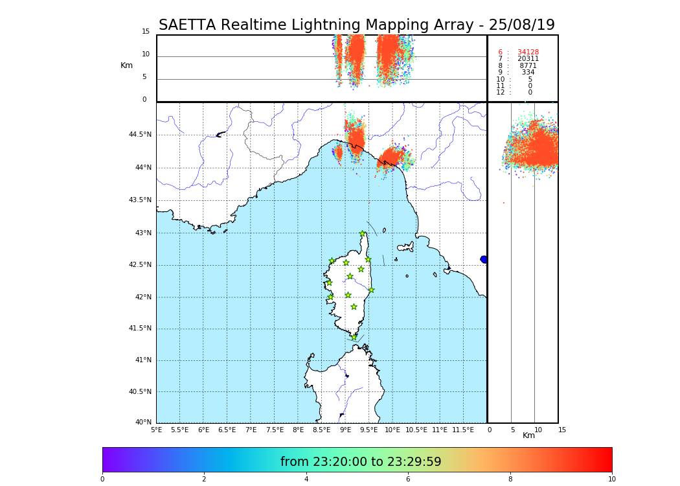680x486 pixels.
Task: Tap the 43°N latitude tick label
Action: (140, 233)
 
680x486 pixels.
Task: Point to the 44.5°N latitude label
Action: (140, 135)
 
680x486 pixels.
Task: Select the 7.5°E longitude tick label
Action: (275, 430)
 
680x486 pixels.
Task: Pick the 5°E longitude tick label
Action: (156, 430)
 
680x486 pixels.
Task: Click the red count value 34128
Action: (528, 52)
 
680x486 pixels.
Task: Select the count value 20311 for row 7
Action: (528, 59)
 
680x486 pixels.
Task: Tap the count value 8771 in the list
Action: (528, 66)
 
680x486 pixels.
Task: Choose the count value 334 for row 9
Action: (528, 73)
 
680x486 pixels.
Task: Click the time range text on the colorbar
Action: (361, 462)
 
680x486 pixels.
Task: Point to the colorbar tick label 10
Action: (611, 479)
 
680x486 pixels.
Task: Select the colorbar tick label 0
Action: (102, 479)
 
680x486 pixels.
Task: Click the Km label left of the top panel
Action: (126, 65)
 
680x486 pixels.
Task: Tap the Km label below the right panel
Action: (529, 435)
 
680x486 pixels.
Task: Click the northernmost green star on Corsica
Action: (363, 234)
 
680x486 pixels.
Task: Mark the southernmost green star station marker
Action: (354, 337)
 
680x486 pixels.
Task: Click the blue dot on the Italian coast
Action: (484, 259)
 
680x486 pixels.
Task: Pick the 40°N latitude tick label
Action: (142, 422)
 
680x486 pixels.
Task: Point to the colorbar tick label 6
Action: (408, 479)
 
